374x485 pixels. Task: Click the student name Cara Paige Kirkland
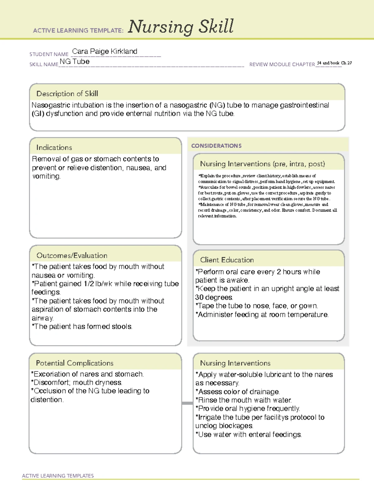(105, 52)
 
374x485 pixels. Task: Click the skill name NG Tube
(75, 62)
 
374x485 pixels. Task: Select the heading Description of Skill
(67, 94)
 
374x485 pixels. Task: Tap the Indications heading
(54, 147)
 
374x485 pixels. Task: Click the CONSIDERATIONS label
(216, 146)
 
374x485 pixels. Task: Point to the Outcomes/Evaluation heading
(72, 255)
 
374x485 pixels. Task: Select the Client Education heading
(227, 260)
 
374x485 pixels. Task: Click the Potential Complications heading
(75, 363)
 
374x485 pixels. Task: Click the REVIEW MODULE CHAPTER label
(282, 64)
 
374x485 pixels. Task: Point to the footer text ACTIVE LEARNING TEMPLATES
(58, 476)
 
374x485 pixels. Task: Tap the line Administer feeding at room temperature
(262, 315)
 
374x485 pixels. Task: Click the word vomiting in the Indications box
(46, 176)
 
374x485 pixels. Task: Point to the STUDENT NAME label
(49, 54)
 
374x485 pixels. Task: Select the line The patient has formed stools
(82, 327)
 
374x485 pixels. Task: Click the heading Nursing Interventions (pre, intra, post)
(262, 164)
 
